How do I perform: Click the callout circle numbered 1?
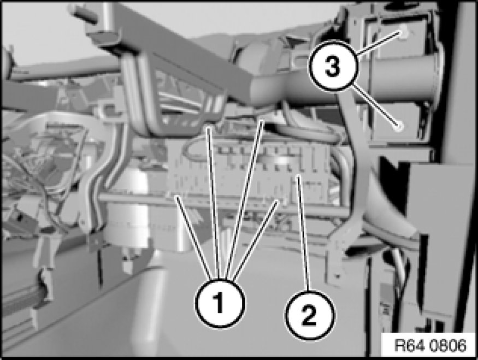point(220,303)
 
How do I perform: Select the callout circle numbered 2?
point(310,315)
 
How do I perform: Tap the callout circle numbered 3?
point(333,66)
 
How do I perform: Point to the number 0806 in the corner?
point(448,345)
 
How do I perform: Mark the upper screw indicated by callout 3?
point(403,33)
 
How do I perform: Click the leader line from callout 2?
point(303,232)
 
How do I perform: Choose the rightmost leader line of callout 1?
point(256,240)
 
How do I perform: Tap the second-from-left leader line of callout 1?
point(214,203)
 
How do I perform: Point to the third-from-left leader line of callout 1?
point(245,199)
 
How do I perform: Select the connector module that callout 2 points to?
point(253,174)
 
